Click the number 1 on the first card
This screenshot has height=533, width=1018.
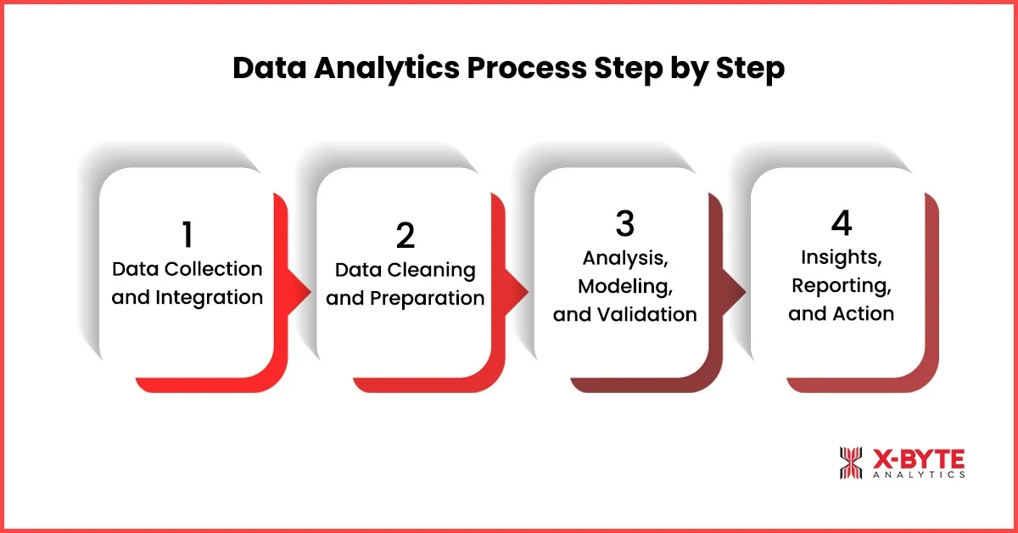(187, 235)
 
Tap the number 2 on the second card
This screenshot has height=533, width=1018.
(405, 235)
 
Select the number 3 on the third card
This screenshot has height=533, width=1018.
(624, 222)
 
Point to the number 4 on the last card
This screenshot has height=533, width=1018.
(842, 222)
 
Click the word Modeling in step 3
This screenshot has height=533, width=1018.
(624, 285)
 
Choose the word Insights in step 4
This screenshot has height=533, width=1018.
(841, 257)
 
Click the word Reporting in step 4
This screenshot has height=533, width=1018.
(841, 285)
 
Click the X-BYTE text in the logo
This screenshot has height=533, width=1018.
(919, 459)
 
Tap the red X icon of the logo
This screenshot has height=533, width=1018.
(851, 463)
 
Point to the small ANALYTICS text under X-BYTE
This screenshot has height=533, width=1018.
(919, 476)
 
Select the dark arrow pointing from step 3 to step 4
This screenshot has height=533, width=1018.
(735, 292)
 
